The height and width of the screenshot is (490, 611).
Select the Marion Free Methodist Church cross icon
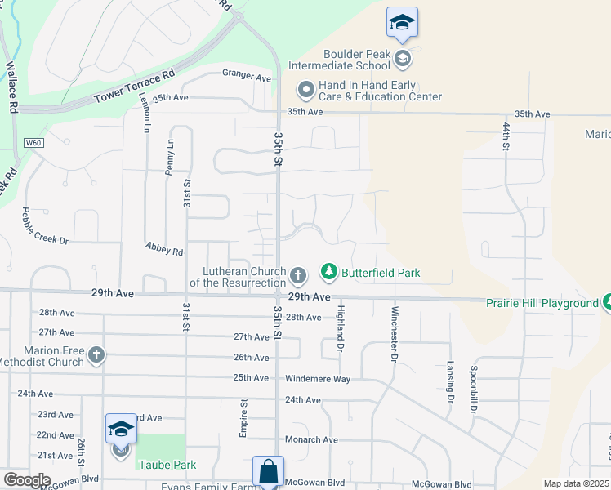click(96, 354)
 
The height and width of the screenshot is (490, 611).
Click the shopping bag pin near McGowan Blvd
click(268, 471)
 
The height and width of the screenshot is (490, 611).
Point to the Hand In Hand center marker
click(305, 89)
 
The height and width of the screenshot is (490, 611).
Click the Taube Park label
click(167, 465)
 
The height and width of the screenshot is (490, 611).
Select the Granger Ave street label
click(246, 77)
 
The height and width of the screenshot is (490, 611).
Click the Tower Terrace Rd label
click(135, 85)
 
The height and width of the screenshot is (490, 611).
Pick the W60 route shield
click(33, 143)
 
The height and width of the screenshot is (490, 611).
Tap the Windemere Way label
click(318, 379)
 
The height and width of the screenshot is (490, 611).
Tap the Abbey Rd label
click(164, 249)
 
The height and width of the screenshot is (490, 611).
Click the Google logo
click(27, 480)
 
